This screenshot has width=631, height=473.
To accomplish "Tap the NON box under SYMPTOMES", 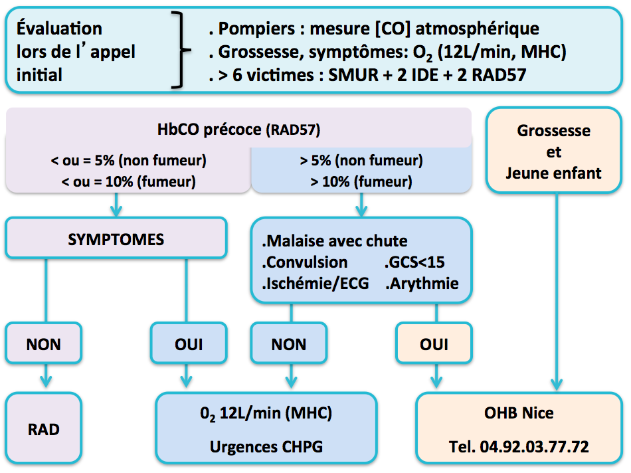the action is pyautogui.click(x=43, y=343).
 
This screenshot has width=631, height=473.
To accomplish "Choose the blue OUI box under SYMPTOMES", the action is pyautogui.click(x=189, y=343).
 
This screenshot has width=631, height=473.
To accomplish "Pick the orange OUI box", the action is pyautogui.click(x=434, y=343).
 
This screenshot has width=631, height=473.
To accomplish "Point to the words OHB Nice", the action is pyautogui.click(x=519, y=413).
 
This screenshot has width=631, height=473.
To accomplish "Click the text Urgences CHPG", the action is pyautogui.click(x=266, y=447).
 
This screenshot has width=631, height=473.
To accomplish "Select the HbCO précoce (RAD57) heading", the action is pyautogui.click(x=238, y=130).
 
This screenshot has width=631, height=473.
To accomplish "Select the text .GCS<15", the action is pyautogui.click(x=414, y=262).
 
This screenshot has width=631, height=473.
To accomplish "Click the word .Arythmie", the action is pyautogui.click(x=422, y=284).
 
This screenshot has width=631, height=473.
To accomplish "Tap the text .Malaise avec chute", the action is pyautogui.click(x=334, y=241).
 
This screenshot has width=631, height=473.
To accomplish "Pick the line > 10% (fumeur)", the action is pyautogui.click(x=361, y=182).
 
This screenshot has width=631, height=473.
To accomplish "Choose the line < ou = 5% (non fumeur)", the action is pyautogui.click(x=128, y=161).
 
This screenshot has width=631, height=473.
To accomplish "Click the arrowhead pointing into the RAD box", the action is pyautogui.click(x=46, y=381).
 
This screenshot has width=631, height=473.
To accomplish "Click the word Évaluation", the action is pyautogui.click(x=59, y=28).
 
